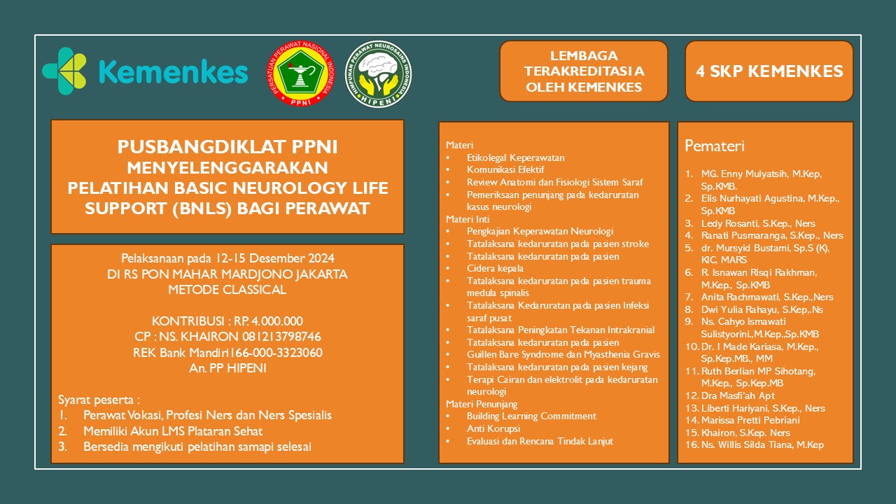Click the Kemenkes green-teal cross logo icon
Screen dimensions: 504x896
(x=64, y=71)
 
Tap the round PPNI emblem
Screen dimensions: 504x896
(x=300, y=74)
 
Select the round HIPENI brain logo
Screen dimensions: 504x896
(x=379, y=74)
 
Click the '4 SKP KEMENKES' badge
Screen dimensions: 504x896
(x=769, y=71)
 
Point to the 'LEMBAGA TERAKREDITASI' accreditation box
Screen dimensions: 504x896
(x=584, y=71)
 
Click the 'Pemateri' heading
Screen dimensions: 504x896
(x=714, y=146)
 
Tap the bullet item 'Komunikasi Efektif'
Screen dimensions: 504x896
(x=505, y=169)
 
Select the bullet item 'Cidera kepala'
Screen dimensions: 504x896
(x=495, y=268)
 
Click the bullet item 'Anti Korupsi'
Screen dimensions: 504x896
(x=493, y=428)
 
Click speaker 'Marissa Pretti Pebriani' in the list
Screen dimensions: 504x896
(x=750, y=420)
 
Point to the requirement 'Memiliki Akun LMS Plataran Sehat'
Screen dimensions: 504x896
(x=173, y=431)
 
